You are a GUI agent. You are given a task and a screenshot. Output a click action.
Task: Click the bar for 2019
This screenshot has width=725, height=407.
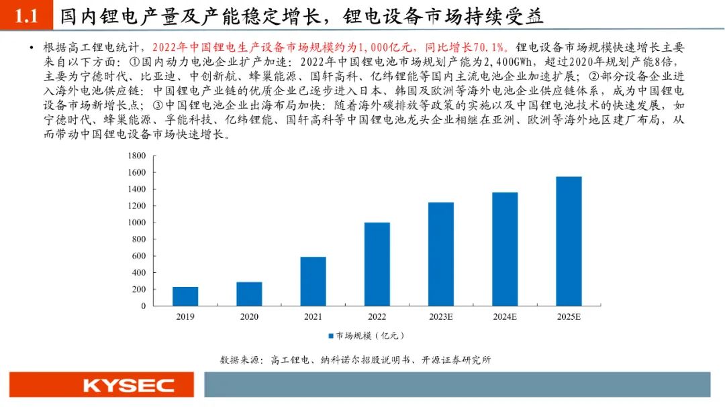185,296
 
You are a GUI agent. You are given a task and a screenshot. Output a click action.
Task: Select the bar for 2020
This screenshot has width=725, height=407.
249,294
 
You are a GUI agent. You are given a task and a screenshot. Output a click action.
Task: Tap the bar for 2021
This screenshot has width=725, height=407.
313,282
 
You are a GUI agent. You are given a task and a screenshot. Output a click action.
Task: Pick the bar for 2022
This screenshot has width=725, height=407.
377,264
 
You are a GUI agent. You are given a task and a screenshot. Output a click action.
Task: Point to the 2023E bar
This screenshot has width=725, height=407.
441,254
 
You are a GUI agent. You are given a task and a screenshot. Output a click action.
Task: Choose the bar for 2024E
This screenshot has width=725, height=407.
505,249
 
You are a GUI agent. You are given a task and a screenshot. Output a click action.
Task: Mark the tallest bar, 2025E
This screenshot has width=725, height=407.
569,241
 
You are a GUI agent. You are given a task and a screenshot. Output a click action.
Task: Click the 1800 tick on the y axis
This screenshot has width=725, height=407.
136,156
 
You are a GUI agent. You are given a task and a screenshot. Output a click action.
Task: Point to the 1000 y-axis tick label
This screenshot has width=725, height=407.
136,223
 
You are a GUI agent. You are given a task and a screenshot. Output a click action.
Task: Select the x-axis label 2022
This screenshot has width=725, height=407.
377,316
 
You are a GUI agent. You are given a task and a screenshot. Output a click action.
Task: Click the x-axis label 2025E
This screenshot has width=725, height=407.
569,316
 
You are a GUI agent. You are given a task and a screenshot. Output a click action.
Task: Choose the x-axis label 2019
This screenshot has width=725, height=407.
185,316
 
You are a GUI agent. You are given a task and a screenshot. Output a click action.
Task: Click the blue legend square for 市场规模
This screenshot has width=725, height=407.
330,335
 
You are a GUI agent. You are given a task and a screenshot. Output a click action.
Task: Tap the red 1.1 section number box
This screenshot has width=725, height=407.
26,16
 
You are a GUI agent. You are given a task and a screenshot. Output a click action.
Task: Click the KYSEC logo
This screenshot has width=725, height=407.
128,386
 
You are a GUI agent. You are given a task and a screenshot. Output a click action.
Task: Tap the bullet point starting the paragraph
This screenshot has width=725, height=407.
32,48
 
